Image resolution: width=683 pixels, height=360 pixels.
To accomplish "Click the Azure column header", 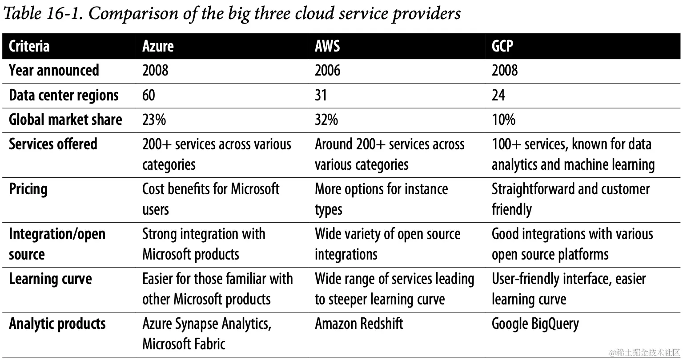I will coord(158,46).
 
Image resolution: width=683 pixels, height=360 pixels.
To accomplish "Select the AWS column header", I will coord(327,46).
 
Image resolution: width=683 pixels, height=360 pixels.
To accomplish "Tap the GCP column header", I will coord(502,46).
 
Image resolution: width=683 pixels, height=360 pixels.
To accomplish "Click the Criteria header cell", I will coord(29,46).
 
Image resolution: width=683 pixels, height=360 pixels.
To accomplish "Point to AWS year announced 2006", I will coord(327,70).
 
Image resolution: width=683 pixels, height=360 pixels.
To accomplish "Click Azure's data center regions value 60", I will coord(149,95).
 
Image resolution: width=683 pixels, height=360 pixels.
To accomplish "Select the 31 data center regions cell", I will coord(321,95).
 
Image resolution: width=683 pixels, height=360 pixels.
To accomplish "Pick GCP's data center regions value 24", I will coord(498,95).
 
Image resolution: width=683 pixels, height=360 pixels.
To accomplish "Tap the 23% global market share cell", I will coord(154,120).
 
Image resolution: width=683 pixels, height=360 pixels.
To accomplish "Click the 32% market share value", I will coord(326,120).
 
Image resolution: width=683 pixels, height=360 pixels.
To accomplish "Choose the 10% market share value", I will coord(503,120).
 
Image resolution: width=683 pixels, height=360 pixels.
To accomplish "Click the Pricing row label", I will coord(28,189).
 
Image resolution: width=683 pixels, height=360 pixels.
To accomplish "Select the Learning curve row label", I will coord(50,279).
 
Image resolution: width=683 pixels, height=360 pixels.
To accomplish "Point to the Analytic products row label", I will coord(57,323).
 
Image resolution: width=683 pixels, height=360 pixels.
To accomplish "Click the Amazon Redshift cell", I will coord(359,323).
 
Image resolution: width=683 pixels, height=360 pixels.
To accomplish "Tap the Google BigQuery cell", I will coord(535,324).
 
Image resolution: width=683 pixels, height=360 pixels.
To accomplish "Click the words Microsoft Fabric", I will coord(184,344).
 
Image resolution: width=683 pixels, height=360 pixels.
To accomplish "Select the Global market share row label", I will coord(65,120).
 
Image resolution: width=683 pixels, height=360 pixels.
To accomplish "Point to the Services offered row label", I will coord(53,144).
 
